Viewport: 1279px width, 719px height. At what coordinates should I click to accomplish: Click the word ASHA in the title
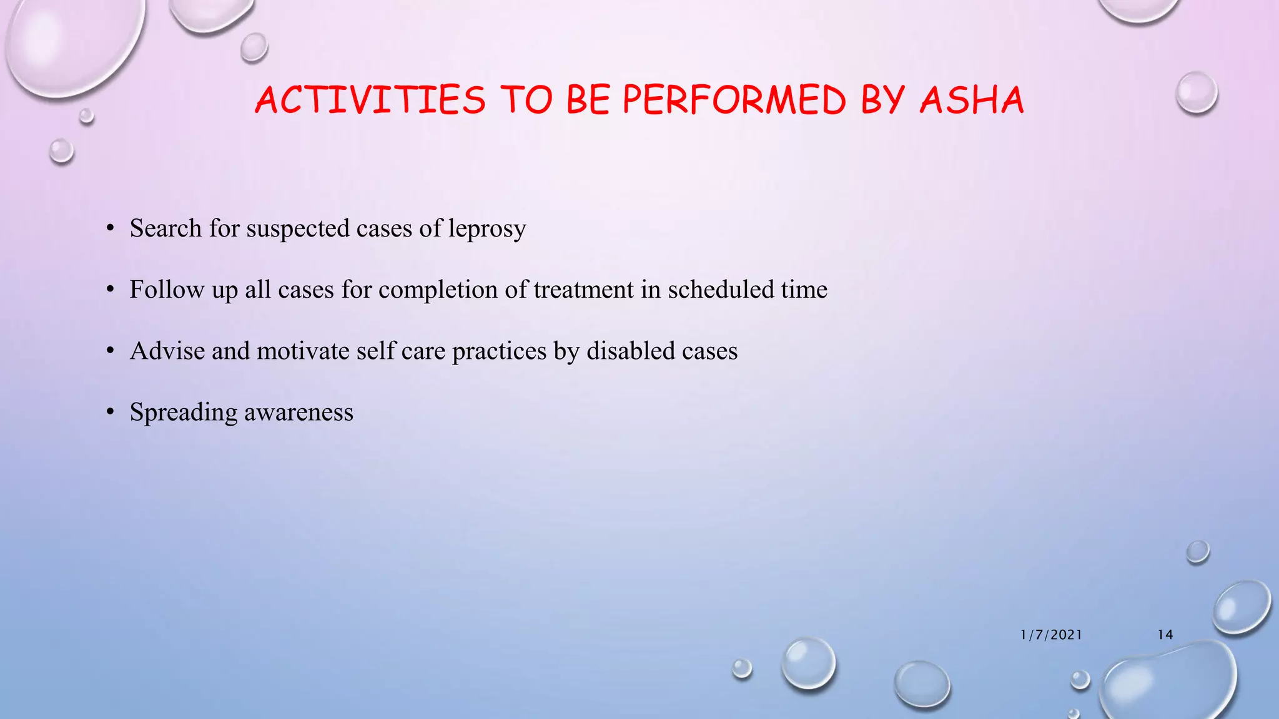(972, 100)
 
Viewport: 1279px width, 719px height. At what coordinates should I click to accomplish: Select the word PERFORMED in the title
(734, 100)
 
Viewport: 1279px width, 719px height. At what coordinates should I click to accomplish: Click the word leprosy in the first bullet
(487, 229)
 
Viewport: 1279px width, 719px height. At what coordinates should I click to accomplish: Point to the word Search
(165, 228)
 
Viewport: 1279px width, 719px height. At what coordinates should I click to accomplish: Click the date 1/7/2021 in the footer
(1051, 635)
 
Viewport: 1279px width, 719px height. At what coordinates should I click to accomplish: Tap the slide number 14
(1165, 635)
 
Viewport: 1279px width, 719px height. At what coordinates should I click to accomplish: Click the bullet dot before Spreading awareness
(111, 413)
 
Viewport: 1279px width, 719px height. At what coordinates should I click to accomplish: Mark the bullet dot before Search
(111, 229)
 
